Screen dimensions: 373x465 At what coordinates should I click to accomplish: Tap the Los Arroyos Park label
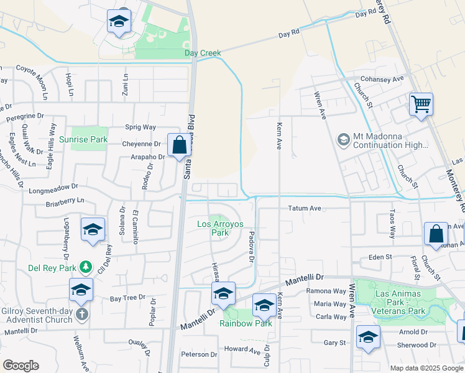click(x=213, y=228)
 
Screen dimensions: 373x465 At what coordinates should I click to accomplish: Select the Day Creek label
click(x=203, y=53)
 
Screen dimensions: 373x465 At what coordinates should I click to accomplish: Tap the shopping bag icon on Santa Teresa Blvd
click(x=179, y=146)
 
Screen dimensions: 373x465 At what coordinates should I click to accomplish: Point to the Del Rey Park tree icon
click(x=86, y=268)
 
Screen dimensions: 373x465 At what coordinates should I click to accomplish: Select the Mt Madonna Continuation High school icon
click(x=343, y=140)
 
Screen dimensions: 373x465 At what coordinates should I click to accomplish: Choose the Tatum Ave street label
click(x=305, y=208)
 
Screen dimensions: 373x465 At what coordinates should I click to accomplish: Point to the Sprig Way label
click(x=140, y=127)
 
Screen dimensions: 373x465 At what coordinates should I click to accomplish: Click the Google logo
click(x=21, y=366)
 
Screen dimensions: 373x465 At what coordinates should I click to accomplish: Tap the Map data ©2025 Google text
click(x=426, y=368)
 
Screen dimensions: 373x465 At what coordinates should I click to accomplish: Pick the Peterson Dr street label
click(x=199, y=355)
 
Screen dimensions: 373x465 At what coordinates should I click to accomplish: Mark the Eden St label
click(x=380, y=256)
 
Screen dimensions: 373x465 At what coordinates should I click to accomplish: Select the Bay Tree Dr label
click(x=127, y=298)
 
